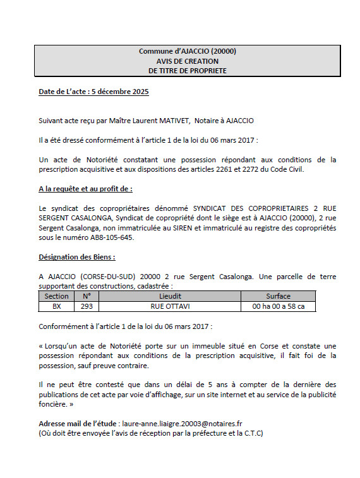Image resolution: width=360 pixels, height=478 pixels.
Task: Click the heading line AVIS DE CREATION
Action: coord(188,61)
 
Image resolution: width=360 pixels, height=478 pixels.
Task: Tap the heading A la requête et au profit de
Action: coord(86,189)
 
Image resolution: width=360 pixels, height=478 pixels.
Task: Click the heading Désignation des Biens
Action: coord(77,258)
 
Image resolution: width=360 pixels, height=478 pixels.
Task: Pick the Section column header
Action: coord(57,296)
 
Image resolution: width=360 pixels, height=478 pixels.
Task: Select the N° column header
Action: coord(87,296)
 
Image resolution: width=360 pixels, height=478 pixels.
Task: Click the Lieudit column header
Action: coord(171,296)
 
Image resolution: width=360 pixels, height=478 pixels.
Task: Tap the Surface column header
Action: coord(278,296)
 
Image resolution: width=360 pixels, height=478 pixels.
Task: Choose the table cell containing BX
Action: coord(57,306)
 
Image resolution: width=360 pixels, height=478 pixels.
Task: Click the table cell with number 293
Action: coord(87,306)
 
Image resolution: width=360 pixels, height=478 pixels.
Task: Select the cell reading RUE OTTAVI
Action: coord(171,306)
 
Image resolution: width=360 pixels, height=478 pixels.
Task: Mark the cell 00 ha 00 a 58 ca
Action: coord(278,306)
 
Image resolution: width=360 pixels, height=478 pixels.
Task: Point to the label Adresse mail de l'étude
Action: coord(78,424)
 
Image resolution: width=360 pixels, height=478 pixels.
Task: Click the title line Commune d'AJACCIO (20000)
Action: coord(188,52)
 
